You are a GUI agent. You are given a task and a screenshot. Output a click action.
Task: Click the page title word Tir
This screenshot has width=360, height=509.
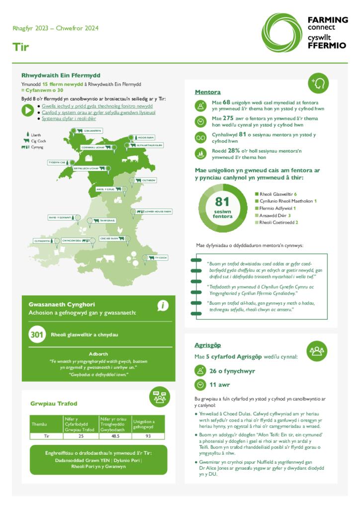20,47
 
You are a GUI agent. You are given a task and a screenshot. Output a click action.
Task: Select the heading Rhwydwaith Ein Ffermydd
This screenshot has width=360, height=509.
61,76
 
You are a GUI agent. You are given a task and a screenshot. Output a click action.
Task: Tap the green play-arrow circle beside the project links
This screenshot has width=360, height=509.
28,110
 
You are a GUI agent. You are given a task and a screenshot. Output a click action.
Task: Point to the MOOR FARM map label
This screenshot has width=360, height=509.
146,137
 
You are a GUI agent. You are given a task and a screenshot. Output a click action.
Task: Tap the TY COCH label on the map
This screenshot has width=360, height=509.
161,257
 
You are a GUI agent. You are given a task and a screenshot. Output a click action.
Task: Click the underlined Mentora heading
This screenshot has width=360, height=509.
207,92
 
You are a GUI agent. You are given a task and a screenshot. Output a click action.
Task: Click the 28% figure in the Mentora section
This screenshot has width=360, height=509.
234,151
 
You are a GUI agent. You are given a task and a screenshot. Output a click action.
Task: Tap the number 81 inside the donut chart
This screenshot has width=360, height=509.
222,201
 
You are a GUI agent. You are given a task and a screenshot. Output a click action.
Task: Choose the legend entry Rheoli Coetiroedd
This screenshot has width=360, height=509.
277,222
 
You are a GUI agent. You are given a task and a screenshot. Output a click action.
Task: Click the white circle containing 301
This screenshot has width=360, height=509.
37,335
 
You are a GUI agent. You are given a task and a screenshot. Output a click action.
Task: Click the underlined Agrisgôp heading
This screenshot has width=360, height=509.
207,345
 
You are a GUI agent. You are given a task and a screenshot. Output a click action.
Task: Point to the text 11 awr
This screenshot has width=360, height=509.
219,384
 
